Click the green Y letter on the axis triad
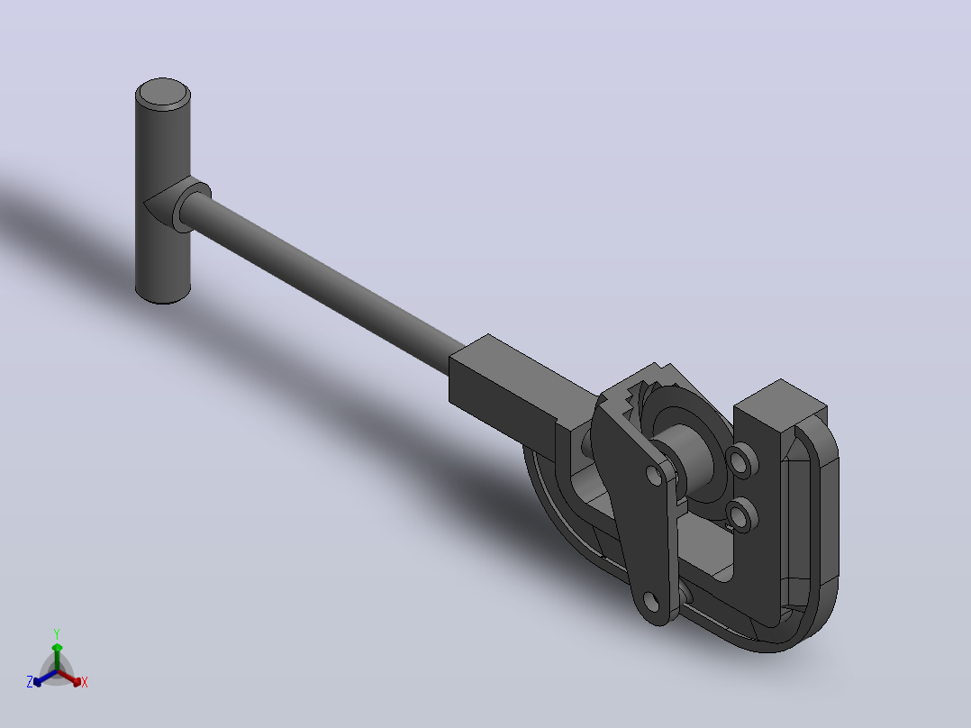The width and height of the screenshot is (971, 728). pos(57,633)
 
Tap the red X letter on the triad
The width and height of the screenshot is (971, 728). pos(85,682)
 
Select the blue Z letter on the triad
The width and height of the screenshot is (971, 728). pos(30,682)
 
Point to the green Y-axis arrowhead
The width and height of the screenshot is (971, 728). pos(57,648)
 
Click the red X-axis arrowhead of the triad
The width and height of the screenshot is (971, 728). pos(77,681)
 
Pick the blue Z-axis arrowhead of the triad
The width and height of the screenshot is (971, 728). pos(38,681)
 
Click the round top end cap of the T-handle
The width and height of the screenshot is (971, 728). pos(162,95)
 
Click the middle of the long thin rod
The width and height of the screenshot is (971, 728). pos(322,285)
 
